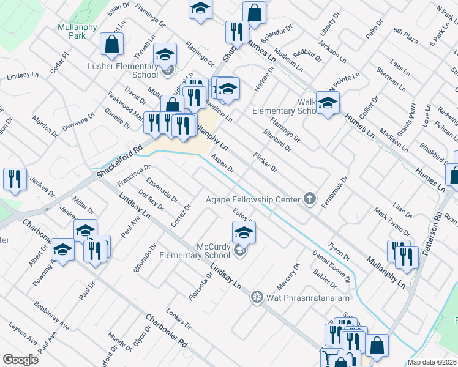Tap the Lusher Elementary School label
point(124,70)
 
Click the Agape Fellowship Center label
point(252,199)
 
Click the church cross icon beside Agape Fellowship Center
point(310,198)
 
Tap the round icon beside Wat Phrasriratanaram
point(257,297)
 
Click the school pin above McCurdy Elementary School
point(244,232)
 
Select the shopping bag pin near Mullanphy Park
point(111,44)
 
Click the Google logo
point(20,359)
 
